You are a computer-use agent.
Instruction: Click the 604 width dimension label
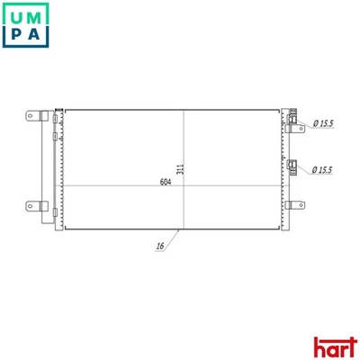166,182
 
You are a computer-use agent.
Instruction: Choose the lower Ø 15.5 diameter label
325,169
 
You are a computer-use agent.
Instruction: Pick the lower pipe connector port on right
292,165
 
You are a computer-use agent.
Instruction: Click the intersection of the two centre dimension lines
184,186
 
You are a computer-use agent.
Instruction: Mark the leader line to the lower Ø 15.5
305,168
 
